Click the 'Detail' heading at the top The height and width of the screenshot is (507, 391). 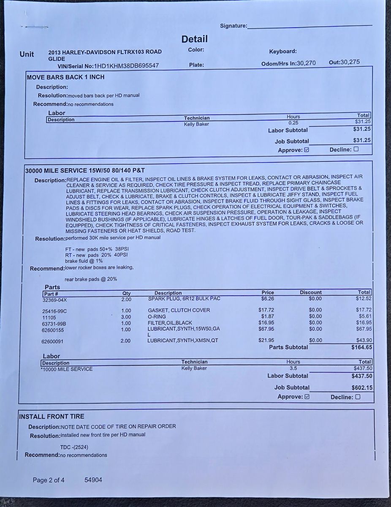point(195,39)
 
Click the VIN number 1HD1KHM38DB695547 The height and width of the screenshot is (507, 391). point(126,65)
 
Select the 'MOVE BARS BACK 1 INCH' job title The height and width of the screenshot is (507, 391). point(65,77)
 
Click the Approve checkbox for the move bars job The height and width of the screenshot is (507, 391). point(307,150)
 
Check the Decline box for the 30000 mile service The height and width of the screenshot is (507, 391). point(358,397)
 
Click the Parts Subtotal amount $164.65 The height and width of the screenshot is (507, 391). point(361,347)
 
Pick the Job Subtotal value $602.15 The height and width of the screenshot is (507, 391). point(361,387)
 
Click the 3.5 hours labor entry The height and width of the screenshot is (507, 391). point(293,368)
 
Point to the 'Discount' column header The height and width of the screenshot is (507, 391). point(311,292)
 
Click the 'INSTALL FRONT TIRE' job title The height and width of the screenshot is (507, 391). point(52,417)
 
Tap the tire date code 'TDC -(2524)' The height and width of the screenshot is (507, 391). point(74,447)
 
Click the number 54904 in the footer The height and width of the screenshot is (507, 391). point(93,480)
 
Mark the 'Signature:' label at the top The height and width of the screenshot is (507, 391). point(234,26)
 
